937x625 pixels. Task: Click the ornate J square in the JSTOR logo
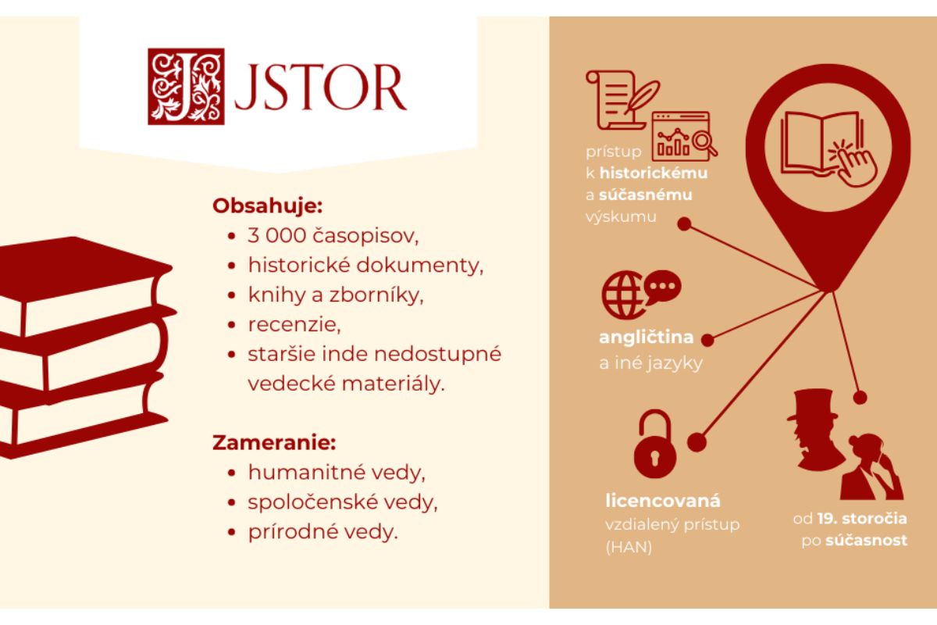(x=186, y=87)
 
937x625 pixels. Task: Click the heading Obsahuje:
(x=268, y=206)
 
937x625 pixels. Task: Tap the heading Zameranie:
(x=274, y=442)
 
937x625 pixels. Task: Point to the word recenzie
(x=294, y=325)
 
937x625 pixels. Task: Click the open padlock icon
(x=654, y=445)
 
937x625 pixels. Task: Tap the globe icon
(x=622, y=295)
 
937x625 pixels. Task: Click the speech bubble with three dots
(x=663, y=287)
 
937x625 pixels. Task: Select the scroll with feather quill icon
(x=622, y=100)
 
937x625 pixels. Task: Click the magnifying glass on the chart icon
(x=704, y=143)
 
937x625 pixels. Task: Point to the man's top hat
(x=813, y=405)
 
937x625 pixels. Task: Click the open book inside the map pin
(x=822, y=143)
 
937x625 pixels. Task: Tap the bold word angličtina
(x=647, y=337)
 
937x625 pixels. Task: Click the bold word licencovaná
(x=663, y=501)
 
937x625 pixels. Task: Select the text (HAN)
(x=629, y=547)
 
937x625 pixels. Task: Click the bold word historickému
(x=654, y=173)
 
